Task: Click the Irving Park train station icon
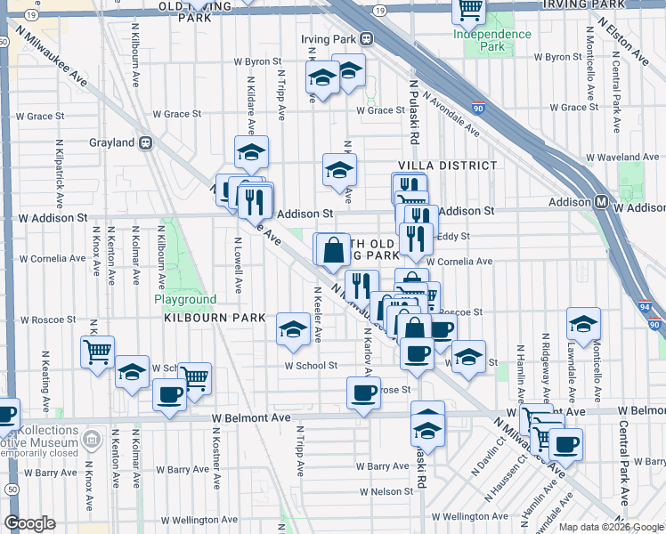[x=365, y=39]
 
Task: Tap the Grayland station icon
[x=146, y=142]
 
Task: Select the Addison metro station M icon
[x=602, y=202]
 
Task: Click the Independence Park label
[x=491, y=40]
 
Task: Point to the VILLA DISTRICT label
[x=447, y=166]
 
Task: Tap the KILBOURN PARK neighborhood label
[x=210, y=318]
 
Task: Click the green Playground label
[x=185, y=300]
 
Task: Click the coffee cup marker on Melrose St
[x=361, y=393]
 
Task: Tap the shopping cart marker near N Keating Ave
[x=97, y=350]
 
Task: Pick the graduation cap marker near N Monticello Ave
[x=583, y=325]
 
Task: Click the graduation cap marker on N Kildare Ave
[x=252, y=152]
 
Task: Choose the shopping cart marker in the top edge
[x=468, y=10]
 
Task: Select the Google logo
[x=29, y=523]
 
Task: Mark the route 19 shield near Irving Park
[x=380, y=10]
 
